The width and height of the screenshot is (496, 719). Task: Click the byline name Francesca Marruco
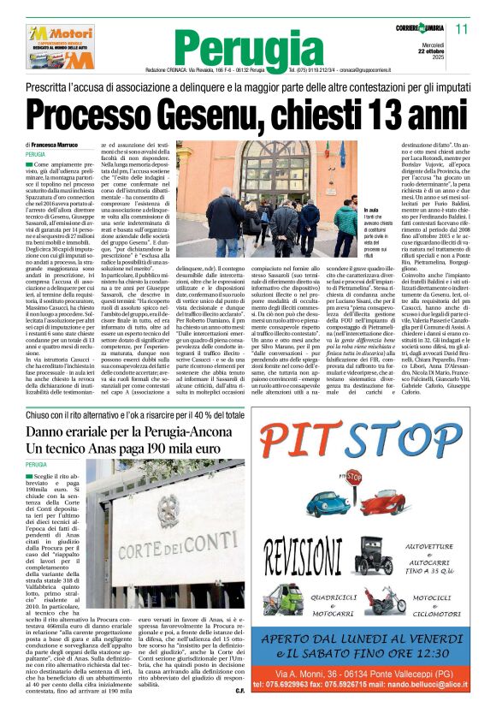click(60, 146)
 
